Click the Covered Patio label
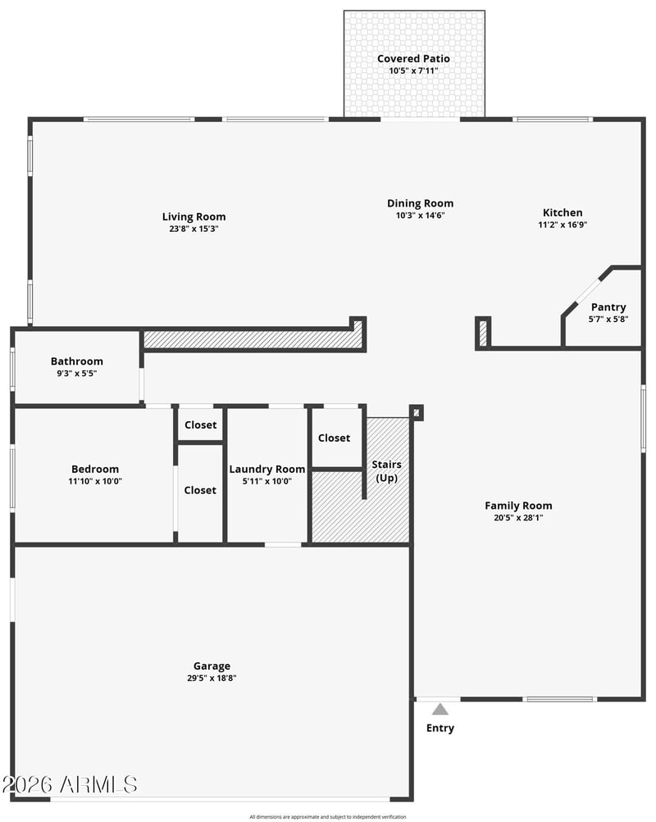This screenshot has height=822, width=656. tap(413, 59)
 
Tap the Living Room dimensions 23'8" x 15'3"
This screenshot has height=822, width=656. tap(194, 229)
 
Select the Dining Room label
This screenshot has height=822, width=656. tap(420, 203)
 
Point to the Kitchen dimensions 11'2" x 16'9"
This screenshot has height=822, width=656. tap(563, 225)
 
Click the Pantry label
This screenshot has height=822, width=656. tap(608, 307)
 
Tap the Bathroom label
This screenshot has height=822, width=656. tap(76, 361)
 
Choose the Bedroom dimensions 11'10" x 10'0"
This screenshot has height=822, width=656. tap(95, 481)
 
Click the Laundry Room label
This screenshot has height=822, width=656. tap(266, 470)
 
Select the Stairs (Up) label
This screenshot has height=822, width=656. tap(386, 470)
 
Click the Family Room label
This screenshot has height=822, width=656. tap(518, 506)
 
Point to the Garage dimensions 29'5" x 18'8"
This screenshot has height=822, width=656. tap(212, 678)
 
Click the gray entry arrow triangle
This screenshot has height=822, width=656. tap(440, 709)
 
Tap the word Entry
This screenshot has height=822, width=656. tap(440, 728)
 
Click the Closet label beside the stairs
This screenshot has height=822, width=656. tap(334, 438)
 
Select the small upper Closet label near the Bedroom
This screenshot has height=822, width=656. tap(200, 425)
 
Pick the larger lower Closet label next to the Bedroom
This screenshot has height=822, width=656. tap(200, 490)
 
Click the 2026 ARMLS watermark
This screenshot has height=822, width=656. tap(70, 785)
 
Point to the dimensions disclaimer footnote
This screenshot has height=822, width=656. tap(328, 817)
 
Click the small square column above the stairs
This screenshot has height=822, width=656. tap(417, 412)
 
